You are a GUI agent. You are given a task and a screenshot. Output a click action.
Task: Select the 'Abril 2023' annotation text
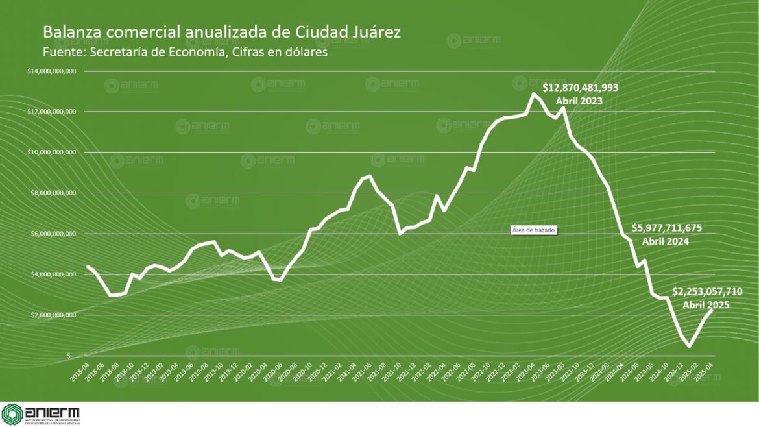coord(579,101)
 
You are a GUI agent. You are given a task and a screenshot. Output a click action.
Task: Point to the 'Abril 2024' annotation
coord(665,241)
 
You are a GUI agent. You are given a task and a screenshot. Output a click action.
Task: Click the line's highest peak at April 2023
coord(533,93)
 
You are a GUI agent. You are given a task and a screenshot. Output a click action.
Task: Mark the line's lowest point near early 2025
coord(688,347)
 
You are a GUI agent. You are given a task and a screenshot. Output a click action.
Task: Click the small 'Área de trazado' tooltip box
coord(534,230)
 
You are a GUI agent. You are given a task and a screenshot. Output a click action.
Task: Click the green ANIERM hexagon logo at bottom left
coord(12,413)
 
